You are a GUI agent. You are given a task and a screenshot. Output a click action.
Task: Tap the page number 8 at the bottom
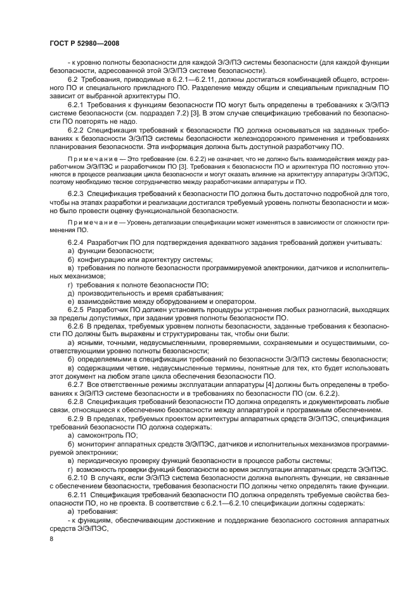(x=51, y=538)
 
